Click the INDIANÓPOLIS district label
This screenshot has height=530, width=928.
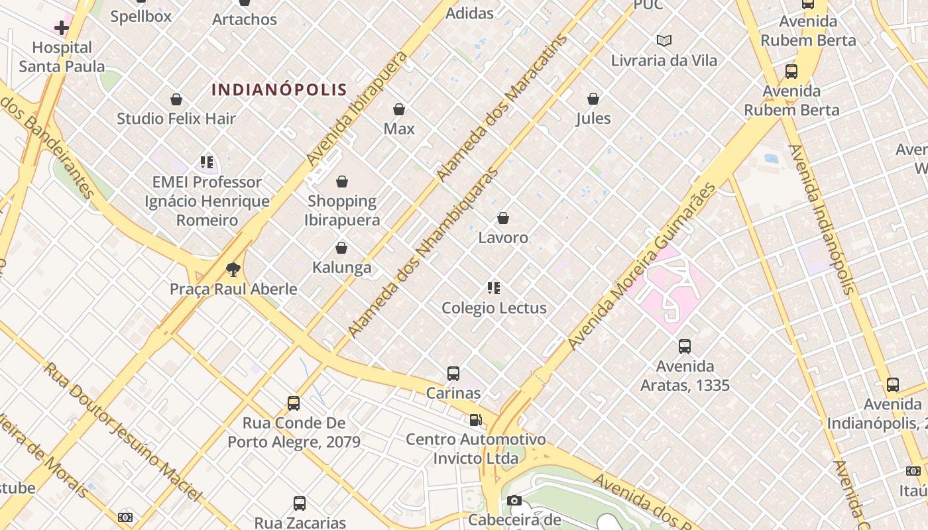coord(279,89)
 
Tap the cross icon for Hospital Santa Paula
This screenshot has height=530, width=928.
coord(62,28)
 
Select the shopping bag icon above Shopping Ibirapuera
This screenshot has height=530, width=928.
coord(342,182)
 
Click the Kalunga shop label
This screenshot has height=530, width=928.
coord(341,268)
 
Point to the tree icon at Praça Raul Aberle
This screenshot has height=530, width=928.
coord(233,269)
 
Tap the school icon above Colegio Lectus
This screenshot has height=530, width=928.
coord(494,288)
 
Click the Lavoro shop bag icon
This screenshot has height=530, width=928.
coord(503,218)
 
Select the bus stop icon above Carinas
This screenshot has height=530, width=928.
coord(453,374)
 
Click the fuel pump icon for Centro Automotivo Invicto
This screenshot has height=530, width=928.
coord(475,420)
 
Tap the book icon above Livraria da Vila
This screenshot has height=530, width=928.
coord(664,41)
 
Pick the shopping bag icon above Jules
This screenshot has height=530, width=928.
coord(593,99)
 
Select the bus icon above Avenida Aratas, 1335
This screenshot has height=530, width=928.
coord(685,346)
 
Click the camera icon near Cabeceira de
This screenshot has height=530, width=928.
coord(514,501)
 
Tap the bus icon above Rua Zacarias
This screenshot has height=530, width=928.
coord(300,503)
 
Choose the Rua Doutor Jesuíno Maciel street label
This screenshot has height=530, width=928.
coord(123,431)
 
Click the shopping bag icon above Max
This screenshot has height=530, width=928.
coord(399,109)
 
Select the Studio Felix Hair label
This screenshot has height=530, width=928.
coord(176,119)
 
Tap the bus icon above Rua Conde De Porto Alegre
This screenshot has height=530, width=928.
coord(294,403)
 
